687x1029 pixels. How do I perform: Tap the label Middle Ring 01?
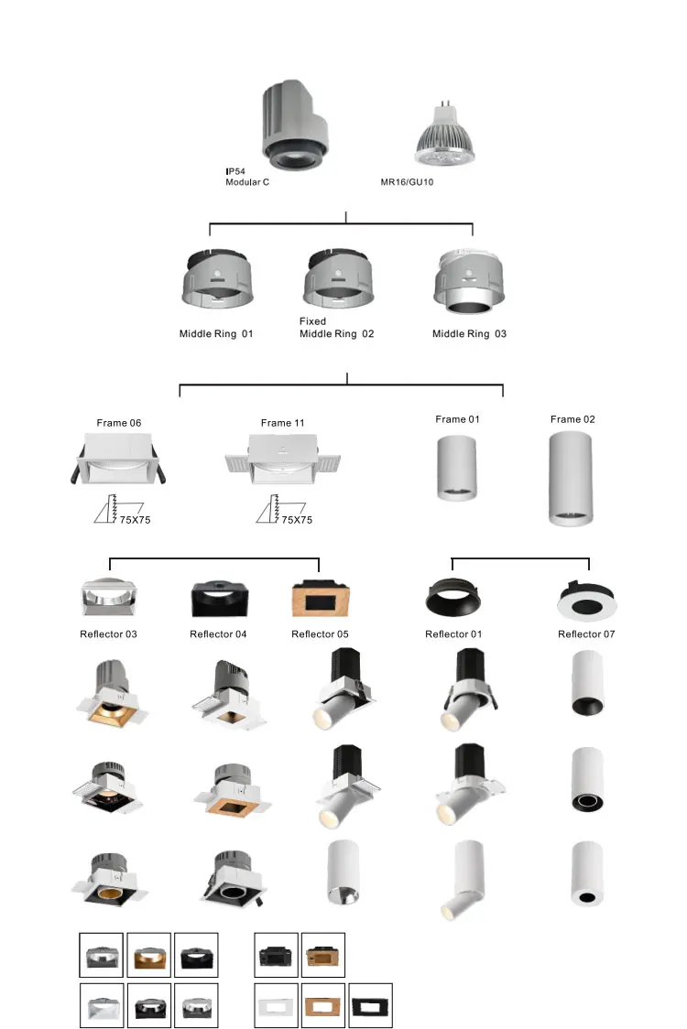click(x=215, y=334)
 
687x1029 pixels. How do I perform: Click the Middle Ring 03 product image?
click(x=468, y=282)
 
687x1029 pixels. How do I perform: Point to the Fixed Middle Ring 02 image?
click(x=338, y=278)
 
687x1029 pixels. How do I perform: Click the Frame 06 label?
click(x=119, y=423)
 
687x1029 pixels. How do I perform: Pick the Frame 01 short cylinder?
click(x=455, y=467)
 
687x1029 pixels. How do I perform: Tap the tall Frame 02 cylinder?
click(x=572, y=478)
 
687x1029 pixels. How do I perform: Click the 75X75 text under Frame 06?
click(x=135, y=520)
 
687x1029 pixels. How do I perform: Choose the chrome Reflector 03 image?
click(x=109, y=598)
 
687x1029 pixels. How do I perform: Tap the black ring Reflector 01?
click(x=454, y=600)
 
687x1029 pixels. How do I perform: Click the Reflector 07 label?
click(x=586, y=634)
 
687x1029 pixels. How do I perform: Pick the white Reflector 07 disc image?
click(x=586, y=601)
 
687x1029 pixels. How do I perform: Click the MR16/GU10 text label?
click(x=407, y=182)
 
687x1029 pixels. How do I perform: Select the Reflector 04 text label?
click(x=218, y=634)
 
